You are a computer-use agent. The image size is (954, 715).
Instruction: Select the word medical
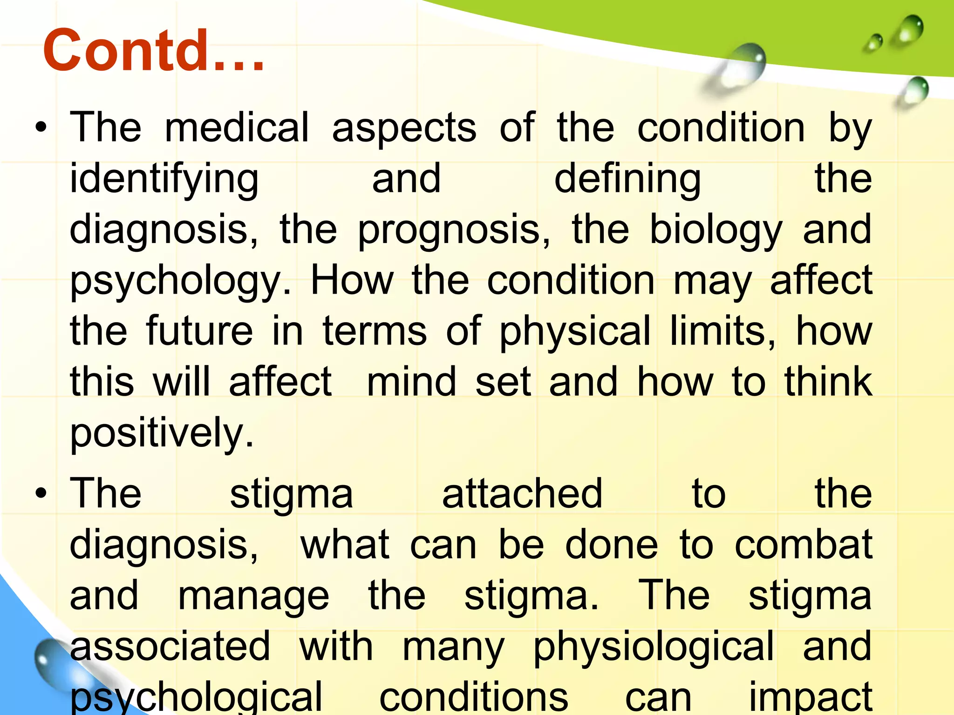pos(237,128)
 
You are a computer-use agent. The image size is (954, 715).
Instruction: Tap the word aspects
pos(404,128)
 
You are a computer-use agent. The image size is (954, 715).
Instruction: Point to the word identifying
pos(164,180)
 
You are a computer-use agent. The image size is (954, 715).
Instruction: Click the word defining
pos(627,180)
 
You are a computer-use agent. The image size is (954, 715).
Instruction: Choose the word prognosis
pos(453,230)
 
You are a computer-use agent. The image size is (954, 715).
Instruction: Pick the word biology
pos(715,230)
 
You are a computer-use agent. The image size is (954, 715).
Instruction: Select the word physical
pos(574,331)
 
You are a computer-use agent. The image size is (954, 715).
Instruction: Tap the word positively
pos(161,433)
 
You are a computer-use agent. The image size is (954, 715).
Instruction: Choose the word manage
pos(254,596)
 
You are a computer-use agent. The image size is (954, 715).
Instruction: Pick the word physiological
pos(654,647)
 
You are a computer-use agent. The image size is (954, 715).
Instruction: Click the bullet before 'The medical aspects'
pos(41,128)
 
